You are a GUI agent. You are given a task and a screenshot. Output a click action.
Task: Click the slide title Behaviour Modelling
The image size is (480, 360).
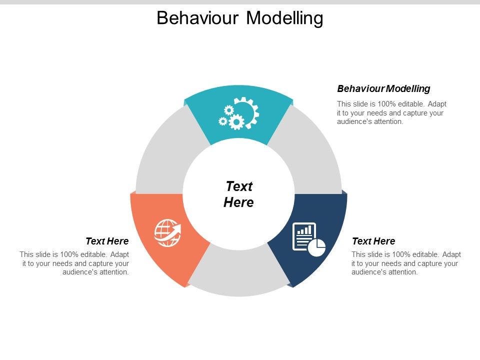239,18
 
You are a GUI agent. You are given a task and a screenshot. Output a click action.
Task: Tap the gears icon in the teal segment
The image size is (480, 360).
239,114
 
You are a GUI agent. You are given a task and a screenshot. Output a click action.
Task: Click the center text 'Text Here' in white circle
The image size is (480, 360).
239,194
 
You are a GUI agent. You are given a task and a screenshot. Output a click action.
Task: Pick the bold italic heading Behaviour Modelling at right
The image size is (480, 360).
383,89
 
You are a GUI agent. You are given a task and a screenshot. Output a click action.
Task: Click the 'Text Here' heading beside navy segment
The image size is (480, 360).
373,241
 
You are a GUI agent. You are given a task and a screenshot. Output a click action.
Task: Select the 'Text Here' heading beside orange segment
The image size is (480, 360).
107,241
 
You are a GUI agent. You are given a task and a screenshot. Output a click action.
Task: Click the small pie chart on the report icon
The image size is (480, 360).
316,247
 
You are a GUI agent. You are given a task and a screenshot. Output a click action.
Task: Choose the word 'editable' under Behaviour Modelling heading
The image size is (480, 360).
408,104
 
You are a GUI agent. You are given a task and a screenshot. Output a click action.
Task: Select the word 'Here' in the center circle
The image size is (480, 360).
239,202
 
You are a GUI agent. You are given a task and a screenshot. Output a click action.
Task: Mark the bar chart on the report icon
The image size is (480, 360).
304,230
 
